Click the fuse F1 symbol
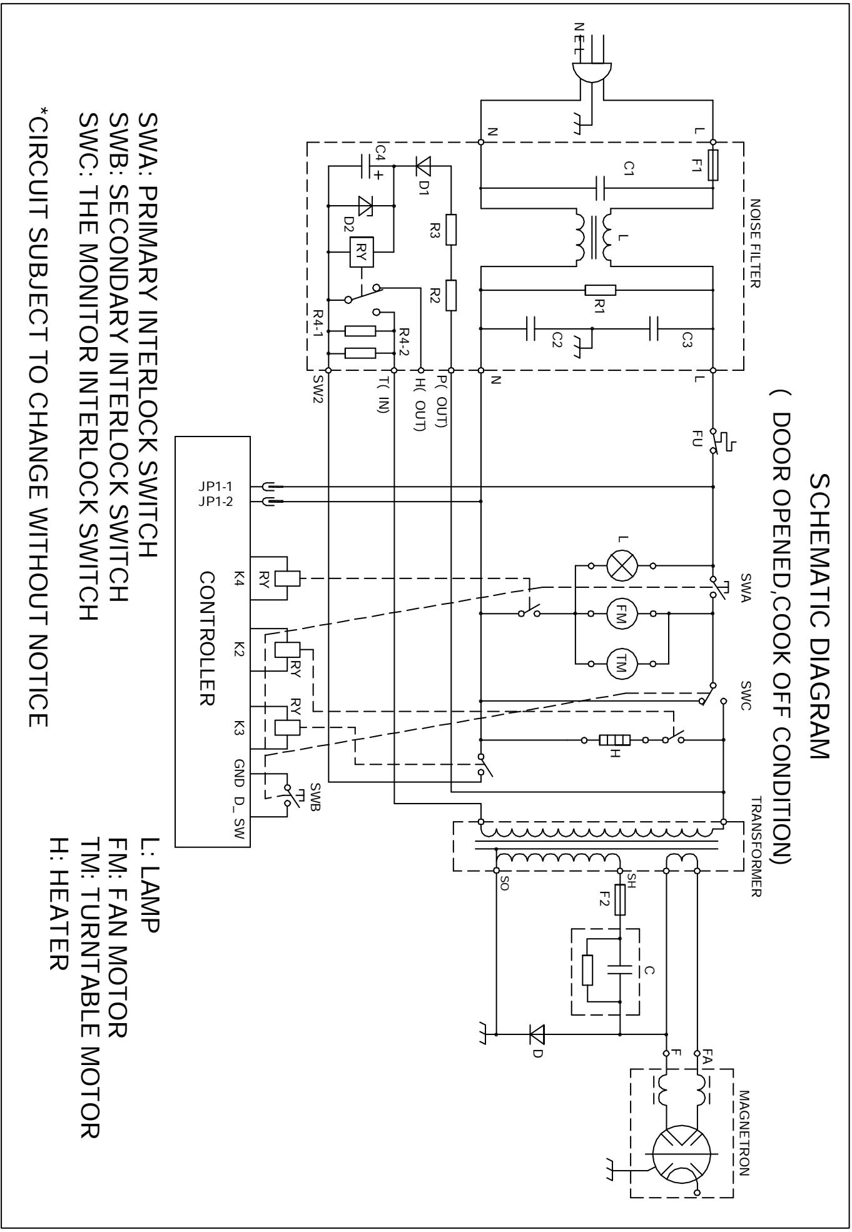pos(713,165)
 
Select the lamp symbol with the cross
pos(622,566)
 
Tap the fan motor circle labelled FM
pos(622,614)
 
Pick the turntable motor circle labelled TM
pos(622,663)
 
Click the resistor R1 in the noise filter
pos(601,290)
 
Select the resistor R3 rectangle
pos(452,229)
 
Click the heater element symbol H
pos(614,740)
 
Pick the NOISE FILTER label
pos(754,243)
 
